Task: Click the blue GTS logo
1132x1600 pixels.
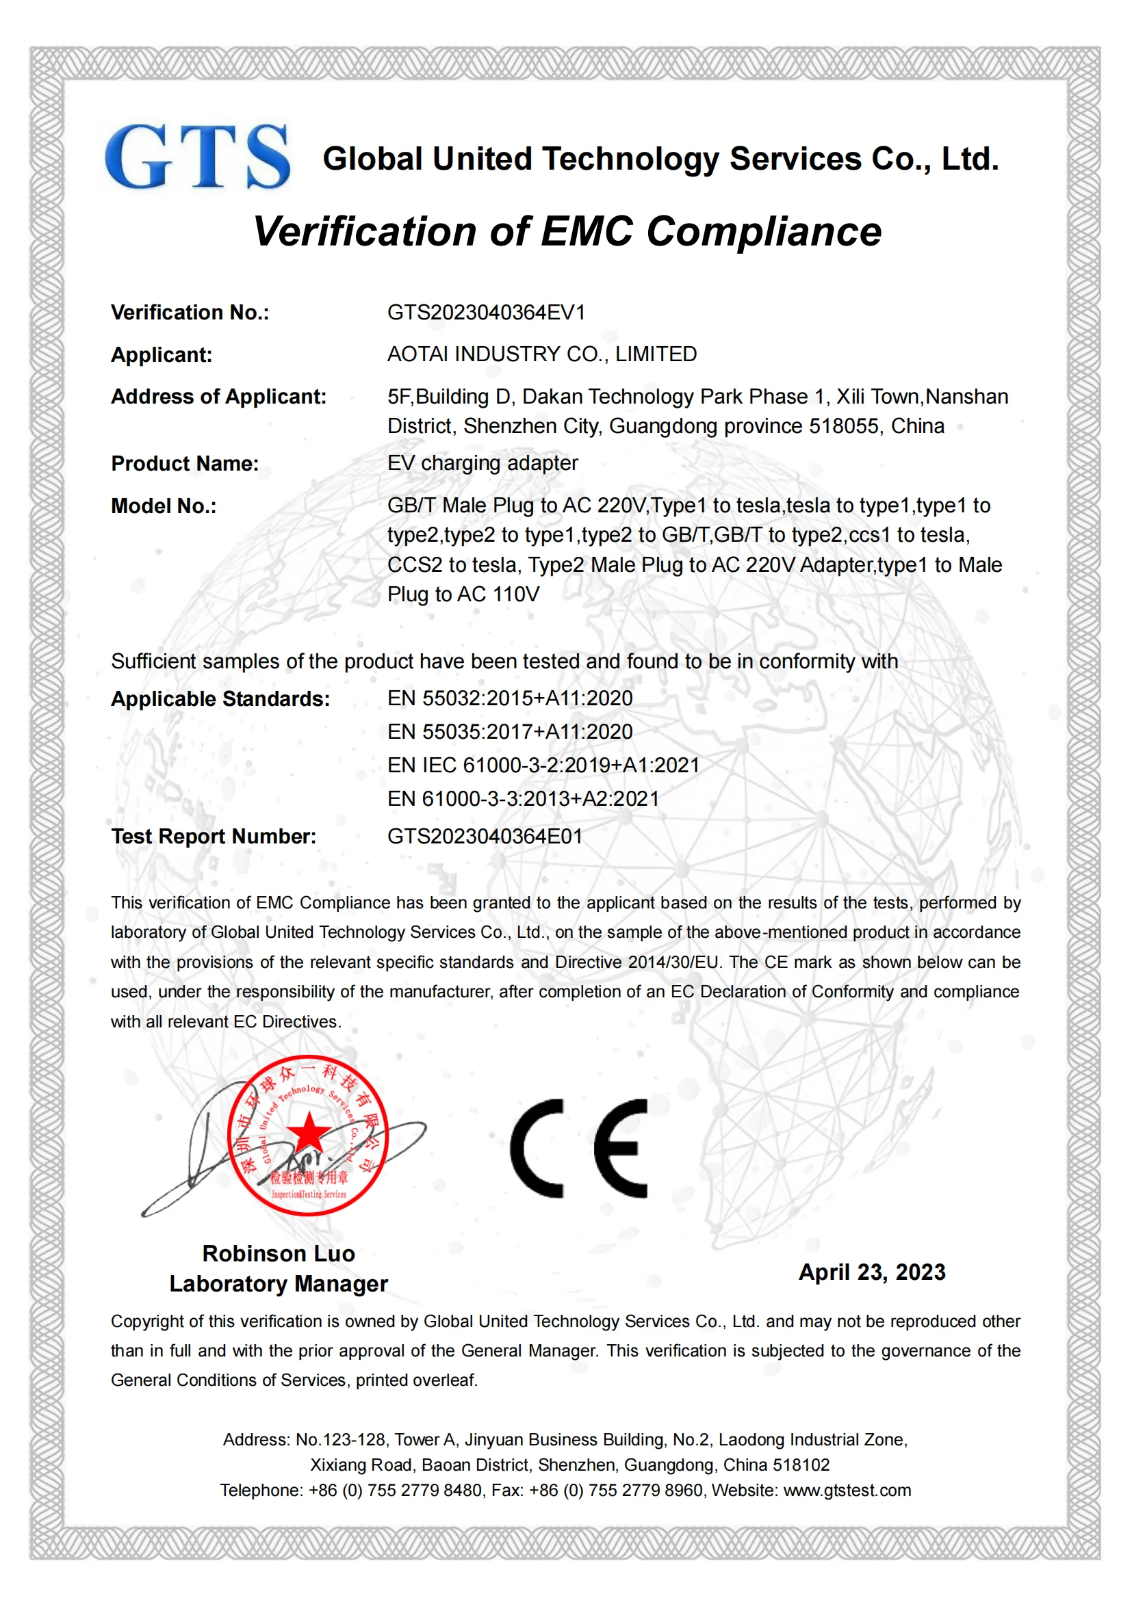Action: coord(197,157)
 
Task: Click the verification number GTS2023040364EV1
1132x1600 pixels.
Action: coord(486,312)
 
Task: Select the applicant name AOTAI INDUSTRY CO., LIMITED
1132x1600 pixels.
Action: coord(541,354)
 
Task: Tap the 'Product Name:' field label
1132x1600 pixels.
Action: coord(185,463)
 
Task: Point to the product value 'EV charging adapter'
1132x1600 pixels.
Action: coord(483,462)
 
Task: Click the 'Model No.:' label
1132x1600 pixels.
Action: coord(164,506)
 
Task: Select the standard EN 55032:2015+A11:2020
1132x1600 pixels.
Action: coord(510,698)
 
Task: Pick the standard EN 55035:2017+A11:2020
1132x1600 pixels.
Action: coord(510,732)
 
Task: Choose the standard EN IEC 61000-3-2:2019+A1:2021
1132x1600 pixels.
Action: coord(543,765)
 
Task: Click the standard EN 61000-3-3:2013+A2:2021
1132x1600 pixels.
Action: coord(523,798)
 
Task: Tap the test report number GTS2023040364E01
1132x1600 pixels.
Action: coord(485,836)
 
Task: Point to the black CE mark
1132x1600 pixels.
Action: coord(578,1148)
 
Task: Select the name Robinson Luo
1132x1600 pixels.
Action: coord(278,1254)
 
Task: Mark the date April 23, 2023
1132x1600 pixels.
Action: coord(871,1272)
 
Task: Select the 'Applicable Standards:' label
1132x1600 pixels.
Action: coord(220,699)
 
